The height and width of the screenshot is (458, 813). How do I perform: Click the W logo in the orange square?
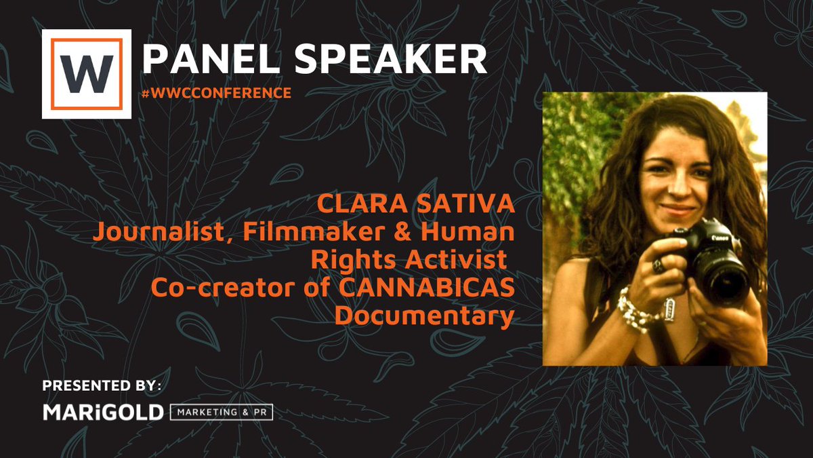86,74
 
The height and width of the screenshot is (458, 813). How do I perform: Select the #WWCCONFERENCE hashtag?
217,92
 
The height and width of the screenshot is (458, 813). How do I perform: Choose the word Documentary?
424,315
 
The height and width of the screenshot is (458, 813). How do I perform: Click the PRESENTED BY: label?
102,386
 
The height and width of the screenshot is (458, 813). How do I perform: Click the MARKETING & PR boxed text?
222,413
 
